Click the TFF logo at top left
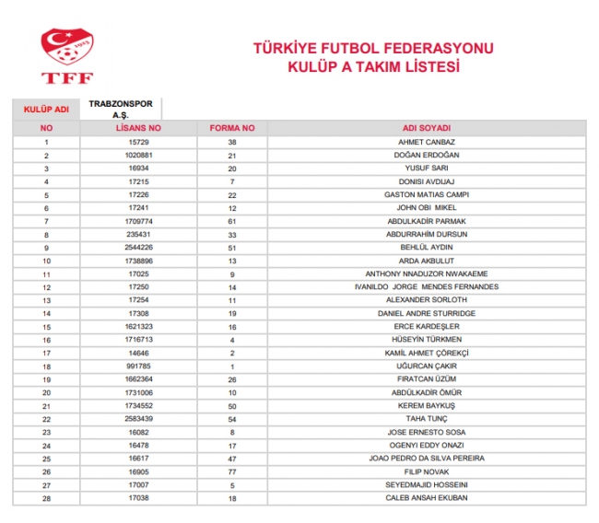66,54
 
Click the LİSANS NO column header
138,128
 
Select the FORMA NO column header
232,128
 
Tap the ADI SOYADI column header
426,128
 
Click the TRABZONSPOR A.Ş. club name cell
121,109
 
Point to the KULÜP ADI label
46,110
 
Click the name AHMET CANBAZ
426,142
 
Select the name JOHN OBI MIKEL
426,208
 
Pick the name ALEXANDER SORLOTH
426,300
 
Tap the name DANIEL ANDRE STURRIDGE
426,313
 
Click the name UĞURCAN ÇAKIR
426,366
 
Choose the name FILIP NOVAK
426,471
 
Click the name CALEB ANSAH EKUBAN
426,498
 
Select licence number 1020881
138,155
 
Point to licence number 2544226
138,248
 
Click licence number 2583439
138,419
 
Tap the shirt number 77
232,471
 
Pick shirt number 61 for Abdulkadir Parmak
232,221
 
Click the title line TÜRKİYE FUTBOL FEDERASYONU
374,49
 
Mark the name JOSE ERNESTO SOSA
426,432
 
